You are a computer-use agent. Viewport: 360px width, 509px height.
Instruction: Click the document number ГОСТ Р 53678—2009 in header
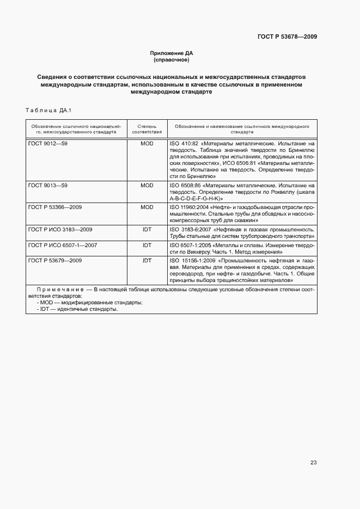coord(287,37)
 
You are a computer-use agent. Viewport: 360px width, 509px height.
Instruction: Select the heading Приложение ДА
coord(172,53)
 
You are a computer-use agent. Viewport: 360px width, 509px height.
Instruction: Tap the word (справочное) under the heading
coord(172,60)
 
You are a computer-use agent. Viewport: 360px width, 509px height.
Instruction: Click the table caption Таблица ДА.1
coord(48,111)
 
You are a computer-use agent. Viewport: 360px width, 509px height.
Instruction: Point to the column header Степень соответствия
coord(147,128)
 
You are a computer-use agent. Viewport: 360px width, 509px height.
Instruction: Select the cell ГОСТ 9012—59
coord(48,144)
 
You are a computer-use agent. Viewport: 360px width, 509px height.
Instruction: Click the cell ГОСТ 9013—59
coord(48,186)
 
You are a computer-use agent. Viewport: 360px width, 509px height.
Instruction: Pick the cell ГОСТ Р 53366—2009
coord(55,207)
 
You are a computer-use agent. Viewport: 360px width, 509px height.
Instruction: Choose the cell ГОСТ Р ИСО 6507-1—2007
coord(63,246)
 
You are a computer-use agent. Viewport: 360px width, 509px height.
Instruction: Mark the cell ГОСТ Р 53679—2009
coord(55,261)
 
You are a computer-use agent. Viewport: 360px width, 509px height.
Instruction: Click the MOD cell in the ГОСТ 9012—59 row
coord(147,144)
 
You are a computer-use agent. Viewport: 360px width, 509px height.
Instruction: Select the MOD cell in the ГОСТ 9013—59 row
coord(147,186)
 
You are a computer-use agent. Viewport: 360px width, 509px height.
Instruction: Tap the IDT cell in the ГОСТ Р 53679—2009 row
coord(147,261)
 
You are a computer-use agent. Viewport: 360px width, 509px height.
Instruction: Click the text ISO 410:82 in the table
coord(184,144)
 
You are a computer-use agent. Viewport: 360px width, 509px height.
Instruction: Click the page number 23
coord(313,463)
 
